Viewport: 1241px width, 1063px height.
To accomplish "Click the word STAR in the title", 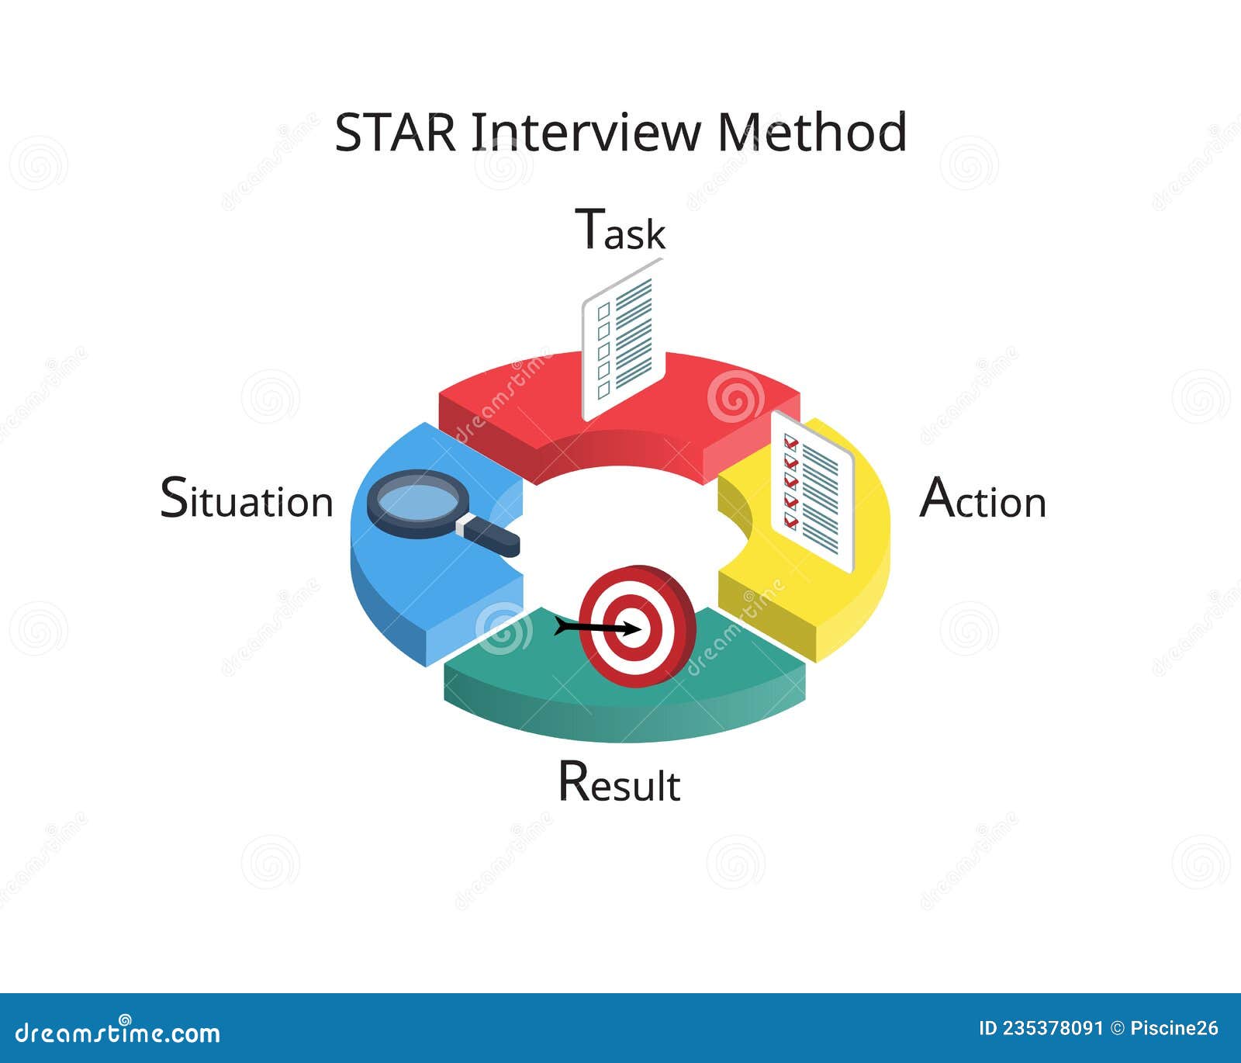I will point(396,132).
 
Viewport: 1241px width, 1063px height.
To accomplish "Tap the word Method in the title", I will point(811,132).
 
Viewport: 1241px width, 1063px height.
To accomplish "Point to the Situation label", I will point(247,499).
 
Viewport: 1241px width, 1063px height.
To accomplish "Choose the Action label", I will point(983,499).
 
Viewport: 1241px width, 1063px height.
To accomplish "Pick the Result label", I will point(619,782).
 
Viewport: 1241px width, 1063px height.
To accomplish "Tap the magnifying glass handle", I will point(490,535).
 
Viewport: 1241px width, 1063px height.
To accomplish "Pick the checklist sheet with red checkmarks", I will point(813,492).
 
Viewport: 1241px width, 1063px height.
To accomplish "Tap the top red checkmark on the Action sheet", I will point(791,443).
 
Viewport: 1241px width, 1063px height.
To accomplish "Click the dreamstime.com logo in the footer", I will point(118,1033).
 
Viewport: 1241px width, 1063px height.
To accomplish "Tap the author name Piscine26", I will point(1174,1029).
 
